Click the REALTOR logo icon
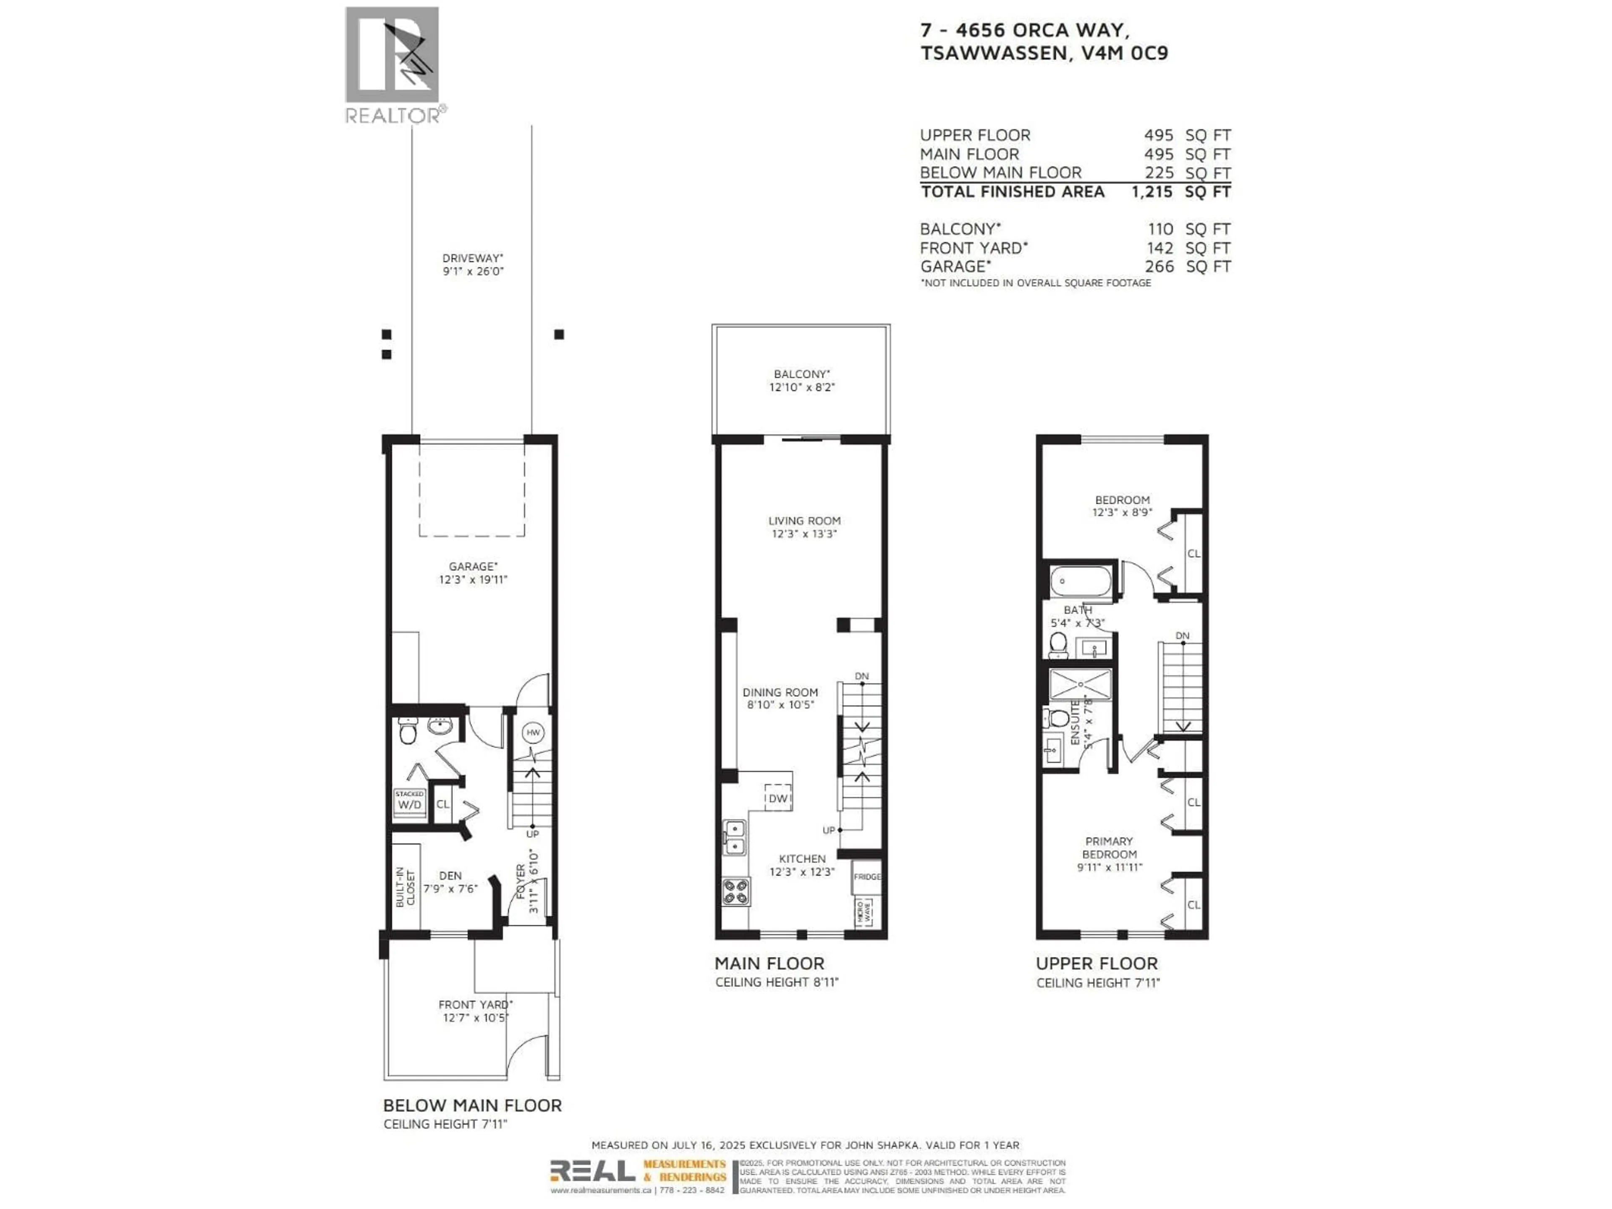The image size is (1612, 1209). pos(392,55)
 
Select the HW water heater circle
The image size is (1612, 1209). pos(533,733)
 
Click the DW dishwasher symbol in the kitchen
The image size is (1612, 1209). pos(777,798)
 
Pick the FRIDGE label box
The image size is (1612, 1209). pos(866,877)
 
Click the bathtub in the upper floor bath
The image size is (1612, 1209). pos(1081,581)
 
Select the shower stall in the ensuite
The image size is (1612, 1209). pos(1080,685)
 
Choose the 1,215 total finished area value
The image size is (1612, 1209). pos(1152,192)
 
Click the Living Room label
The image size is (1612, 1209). pos(804,520)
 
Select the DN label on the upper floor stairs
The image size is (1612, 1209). pos(1182,636)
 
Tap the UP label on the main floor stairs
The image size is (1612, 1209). pos(829,830)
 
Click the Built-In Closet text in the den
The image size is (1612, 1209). pos(405,887)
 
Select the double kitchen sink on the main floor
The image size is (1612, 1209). pos(735,837)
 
